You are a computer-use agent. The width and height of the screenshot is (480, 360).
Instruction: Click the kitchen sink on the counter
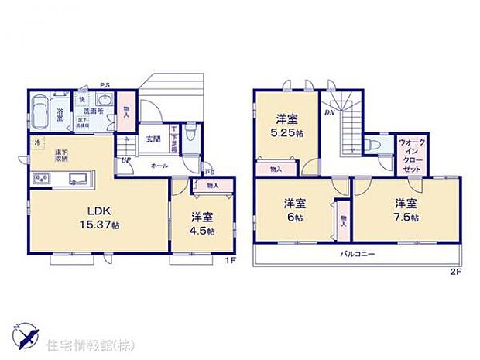77,180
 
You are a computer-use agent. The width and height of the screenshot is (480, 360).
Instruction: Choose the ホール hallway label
160,165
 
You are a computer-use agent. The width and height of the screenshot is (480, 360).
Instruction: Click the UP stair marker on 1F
125,160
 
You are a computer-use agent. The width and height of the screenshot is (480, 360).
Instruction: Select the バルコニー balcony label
356,254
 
